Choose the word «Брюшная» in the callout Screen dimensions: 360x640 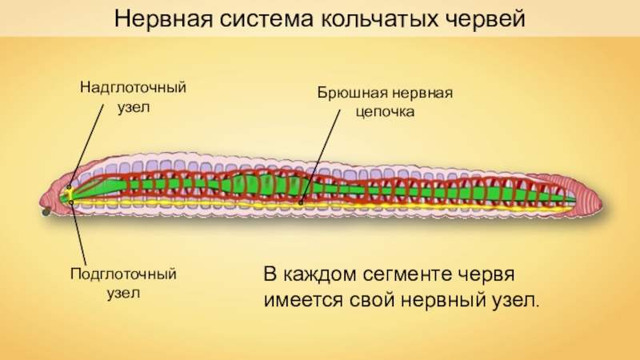click(x=345, y=94)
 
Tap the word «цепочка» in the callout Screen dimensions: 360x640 click(x=385, y=112)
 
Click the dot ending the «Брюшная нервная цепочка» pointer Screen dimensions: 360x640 click(x=301, y=202)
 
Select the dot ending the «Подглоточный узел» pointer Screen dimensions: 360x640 click(x=71, y=202)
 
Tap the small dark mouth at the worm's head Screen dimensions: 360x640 click(x=46, y=212)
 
